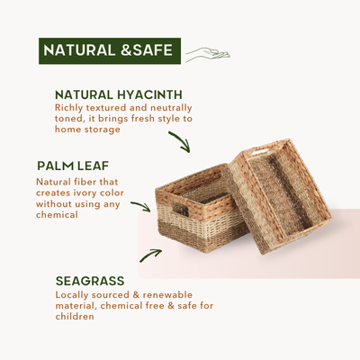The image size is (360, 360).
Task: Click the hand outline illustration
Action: pyautogui.click(x=208, y=54)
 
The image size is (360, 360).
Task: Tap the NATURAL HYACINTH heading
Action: pyautogui.click(x=119, y=94)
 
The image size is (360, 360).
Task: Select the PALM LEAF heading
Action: pyautogui.click(x=73, y=166)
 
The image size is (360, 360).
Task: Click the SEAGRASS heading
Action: pyautogui.click(x=90, y=281)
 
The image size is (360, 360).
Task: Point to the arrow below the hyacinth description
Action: pyautogui.click(x=179, y=141)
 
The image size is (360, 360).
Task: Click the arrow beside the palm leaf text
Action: pyautogui.click(x=140, y=206)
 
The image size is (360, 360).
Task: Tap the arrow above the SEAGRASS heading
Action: pyautogui.click(x=150, y=256)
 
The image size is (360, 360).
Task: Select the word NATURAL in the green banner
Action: pyautogui.click(x=79, y=50)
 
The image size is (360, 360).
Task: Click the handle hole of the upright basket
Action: pyautogui.click(x=180, y=209)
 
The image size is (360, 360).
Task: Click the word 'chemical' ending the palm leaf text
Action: pyautogui.click(x=57, y=215)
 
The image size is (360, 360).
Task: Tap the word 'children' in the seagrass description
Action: pyautogui.click(x=75, y=317)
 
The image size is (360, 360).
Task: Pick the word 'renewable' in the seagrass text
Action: pyautogui.click(x=167, y=295)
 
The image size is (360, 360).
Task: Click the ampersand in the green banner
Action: pyautogui.click(x=126, y=50)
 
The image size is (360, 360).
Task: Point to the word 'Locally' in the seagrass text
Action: pyautogui.click(x=72, y=295)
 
